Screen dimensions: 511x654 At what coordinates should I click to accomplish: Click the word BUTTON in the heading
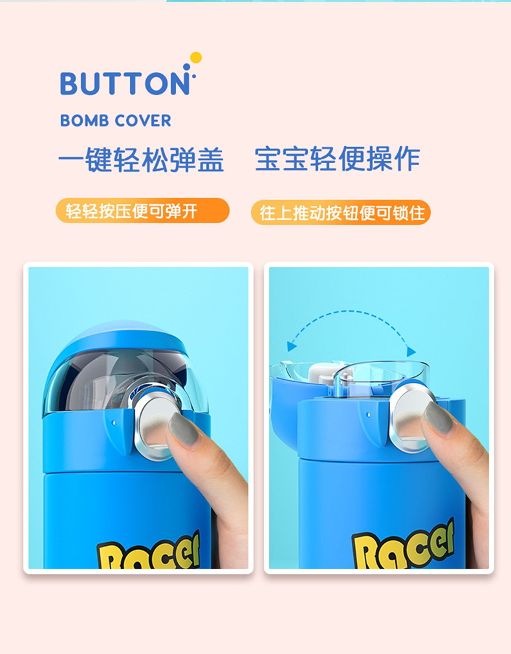[x=125, y=83]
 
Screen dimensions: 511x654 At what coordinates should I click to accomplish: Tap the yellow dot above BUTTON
[x=195, y=58]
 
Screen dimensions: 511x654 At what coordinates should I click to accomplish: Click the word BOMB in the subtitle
[x=85, y=120]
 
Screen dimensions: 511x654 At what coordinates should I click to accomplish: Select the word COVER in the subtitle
[x=143, y=120]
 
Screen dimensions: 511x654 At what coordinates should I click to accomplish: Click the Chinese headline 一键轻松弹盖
[x=141, y=159]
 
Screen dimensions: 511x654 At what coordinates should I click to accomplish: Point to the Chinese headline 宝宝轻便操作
[x=337, y=158]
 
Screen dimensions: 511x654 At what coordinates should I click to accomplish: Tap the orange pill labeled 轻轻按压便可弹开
[x=143, y=211]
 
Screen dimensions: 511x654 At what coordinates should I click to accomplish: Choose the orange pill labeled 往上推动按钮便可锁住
[x=341, y=213]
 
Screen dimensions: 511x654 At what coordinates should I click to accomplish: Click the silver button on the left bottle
[x=155, y=424]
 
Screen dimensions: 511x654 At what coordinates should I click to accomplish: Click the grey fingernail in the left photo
[x=184, y=430]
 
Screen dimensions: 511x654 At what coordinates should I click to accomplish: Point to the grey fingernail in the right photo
[x=438, y=419]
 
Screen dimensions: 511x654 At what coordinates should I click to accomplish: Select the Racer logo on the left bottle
[x=149, y=550]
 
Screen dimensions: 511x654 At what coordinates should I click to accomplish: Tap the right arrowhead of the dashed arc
[x=411, y=351]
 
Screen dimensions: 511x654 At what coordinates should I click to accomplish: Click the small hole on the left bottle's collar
[x=114, y=422]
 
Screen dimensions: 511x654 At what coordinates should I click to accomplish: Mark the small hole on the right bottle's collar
[x=368, y=415]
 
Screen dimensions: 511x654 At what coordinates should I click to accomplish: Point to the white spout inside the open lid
[x=322, y=373]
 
